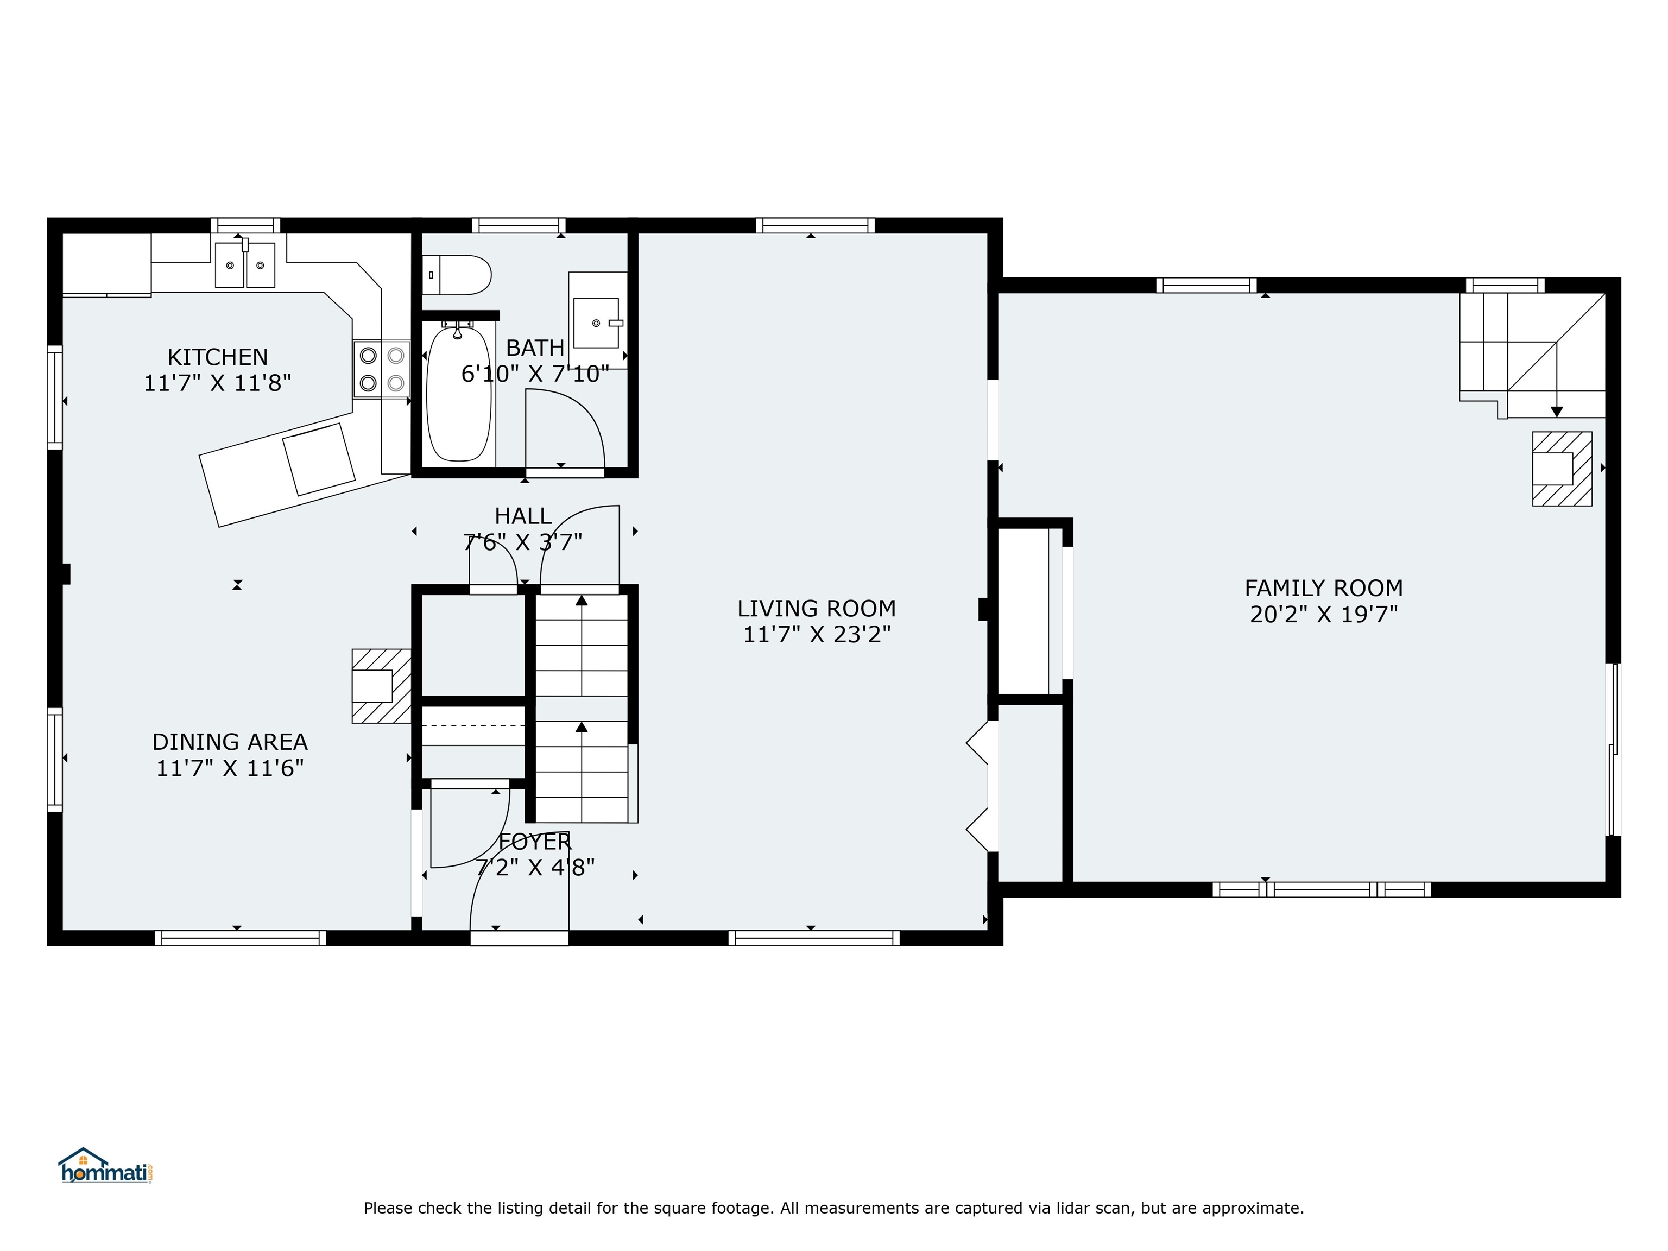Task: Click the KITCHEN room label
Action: (217, 357)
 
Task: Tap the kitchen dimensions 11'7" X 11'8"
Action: (217, 383)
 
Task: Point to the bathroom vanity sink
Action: (597, 323)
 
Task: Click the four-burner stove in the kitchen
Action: (382, 369)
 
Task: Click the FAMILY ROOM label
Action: (1323, 587)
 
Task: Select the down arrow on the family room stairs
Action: (1556, 411)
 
